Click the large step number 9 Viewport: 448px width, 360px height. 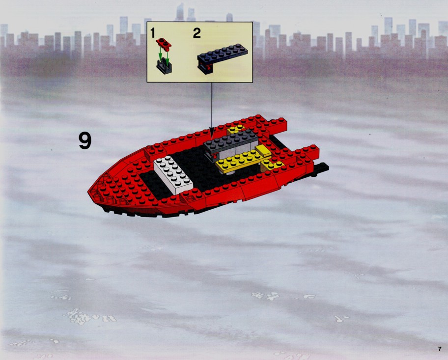click(85, 140)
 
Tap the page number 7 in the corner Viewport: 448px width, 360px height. click(440, 349)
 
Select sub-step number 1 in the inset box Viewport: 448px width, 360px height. click(153, 33)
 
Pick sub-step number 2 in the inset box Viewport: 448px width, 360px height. click(197, 33)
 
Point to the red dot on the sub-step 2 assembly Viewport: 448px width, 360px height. click(209, 68)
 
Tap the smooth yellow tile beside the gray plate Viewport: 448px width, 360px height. click(263, 151)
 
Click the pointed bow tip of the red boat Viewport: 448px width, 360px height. click(89, 191)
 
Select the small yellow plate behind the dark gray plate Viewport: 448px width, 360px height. click(236, 130)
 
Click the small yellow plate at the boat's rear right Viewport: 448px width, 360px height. click(272, 165)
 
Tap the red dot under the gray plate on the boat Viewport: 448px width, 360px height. click(214, 156)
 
